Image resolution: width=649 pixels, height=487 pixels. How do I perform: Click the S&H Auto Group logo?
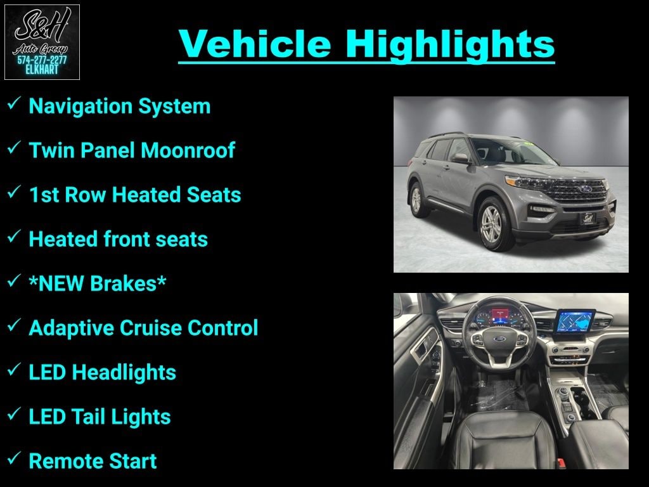42,42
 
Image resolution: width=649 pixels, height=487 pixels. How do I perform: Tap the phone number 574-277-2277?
42,60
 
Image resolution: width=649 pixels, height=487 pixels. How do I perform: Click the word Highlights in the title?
450,44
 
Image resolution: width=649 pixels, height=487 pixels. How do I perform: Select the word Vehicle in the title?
255,44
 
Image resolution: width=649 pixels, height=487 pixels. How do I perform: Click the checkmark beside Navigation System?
14,103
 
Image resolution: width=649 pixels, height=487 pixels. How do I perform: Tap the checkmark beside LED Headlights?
14,370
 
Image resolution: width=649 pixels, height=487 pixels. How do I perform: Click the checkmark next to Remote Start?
14,458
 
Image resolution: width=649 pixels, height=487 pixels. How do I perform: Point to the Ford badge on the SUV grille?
585,189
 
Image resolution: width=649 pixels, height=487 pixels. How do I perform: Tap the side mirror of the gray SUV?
460,158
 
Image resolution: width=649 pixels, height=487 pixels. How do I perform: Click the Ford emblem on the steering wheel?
499,340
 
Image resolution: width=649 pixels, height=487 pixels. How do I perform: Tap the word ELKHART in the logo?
42,70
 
